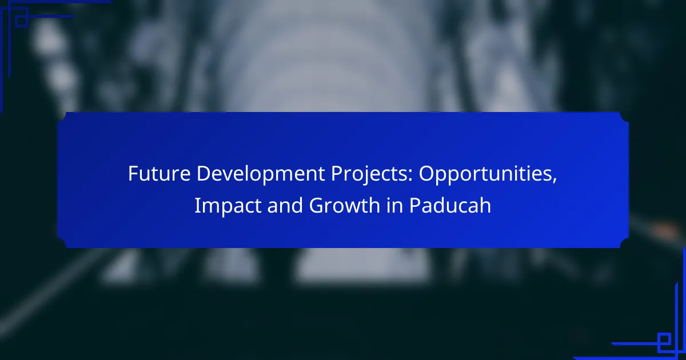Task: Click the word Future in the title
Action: pos(159,174)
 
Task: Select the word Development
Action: pos(260,174)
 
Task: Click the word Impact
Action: pos(228,205)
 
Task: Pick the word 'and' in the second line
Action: pos(285,205)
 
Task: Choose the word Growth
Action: pos(344,205)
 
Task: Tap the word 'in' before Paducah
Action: pos(394,205)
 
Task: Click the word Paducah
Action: pos(450,205)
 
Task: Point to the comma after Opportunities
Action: pos(555,181)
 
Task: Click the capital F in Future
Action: pos(133,174)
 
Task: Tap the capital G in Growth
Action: pos(316,205)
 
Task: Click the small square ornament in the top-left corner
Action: pos(22,21)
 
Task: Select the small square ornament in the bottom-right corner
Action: pos(664,340)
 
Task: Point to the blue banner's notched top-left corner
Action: pos(62,117)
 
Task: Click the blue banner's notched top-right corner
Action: pos(624,117)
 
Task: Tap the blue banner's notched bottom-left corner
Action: pos(62,243)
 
